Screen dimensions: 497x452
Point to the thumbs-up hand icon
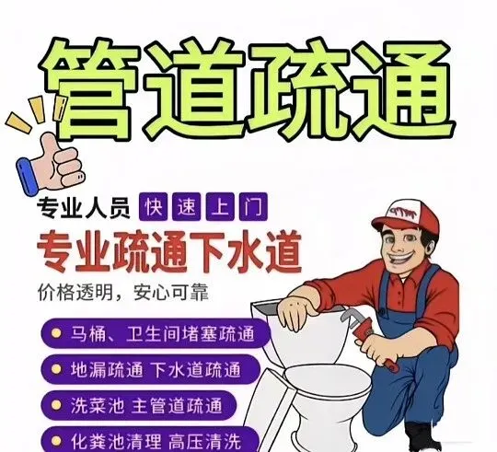52,164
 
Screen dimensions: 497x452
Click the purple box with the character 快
153,206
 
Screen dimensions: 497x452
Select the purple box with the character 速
186,206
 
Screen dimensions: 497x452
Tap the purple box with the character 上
220,206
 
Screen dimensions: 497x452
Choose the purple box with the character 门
253,206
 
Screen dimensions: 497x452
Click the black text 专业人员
84,208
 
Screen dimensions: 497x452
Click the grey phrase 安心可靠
171,293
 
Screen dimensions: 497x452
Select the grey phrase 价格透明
75,293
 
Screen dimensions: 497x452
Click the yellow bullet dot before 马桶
56,333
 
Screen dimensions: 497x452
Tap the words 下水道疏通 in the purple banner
196,369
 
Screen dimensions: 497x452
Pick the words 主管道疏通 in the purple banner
177,406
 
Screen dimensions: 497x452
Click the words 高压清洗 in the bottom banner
204,441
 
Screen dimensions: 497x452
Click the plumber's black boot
420,436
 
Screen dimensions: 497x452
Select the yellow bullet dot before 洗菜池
56,405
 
